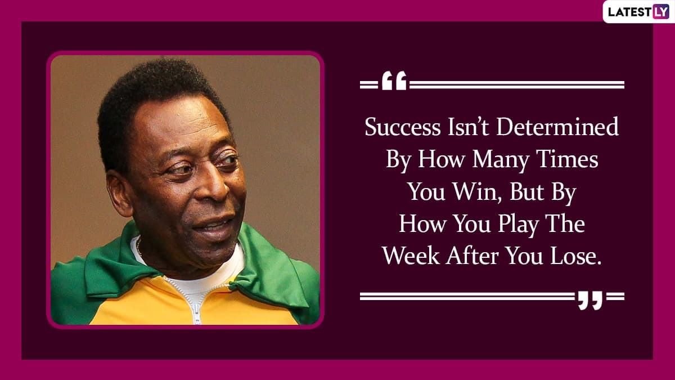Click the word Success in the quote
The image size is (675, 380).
pos(403,127)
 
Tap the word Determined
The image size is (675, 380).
pos(557,127)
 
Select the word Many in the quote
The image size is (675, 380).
pos(501,160)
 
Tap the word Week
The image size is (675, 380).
pos(411,256)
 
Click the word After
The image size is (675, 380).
pos(472,256)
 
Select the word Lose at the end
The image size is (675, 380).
pos(576,256)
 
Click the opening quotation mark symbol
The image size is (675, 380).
pos(394,81)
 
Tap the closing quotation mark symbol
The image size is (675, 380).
pos(590,301)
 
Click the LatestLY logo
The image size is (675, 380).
pos(638,12)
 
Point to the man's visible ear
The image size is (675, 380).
pos(119,193)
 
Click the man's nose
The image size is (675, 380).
pos(213,184)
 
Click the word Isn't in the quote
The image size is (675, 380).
pos(469,127)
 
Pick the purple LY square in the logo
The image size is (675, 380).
pos(661,12)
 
